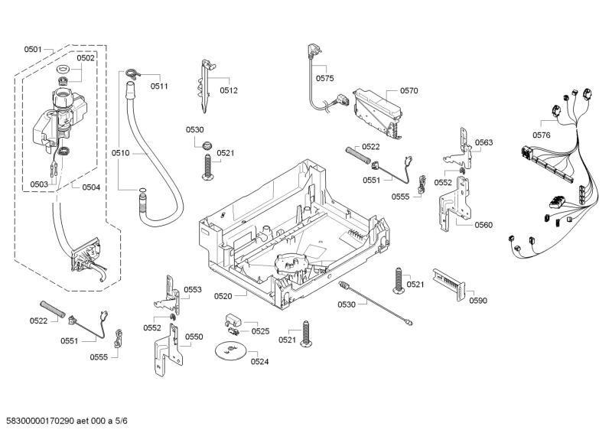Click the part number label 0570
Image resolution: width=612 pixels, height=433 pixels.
click(409, 90)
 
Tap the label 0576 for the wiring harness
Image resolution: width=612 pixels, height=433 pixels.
click(542, 135)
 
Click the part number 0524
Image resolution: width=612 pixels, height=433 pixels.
click(260, 361)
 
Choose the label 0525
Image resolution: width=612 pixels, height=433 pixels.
click(260, 331)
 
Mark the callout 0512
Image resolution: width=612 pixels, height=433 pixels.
click(229, 90)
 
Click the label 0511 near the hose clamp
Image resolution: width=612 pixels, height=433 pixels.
click(159, 86)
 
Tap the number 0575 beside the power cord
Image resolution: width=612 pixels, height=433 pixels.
click(325, 79)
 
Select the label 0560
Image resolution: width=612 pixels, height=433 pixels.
click(483, 225)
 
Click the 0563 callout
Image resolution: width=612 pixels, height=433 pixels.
click(483, 142)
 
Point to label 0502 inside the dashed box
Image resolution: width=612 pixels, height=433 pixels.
click(86, 58)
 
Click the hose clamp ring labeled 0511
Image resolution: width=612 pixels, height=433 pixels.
click(132, 73)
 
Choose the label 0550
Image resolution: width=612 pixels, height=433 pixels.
click(194, 337)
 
